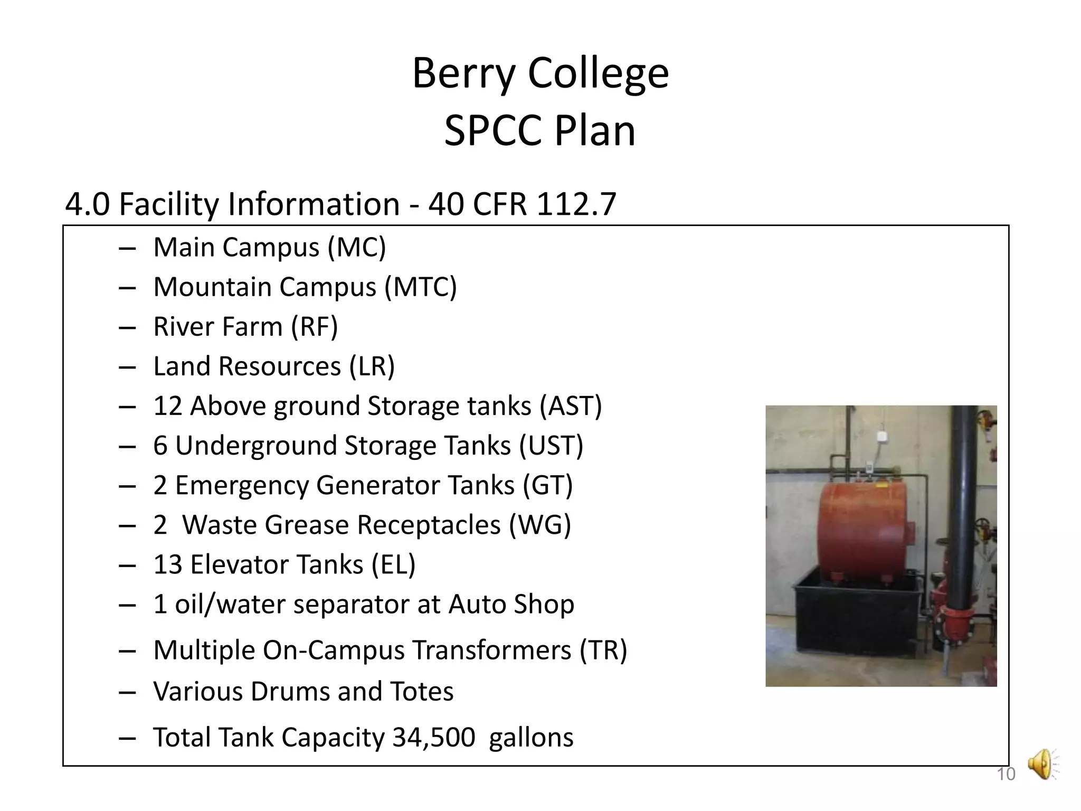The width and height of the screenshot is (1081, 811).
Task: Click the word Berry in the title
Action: pos(463,74)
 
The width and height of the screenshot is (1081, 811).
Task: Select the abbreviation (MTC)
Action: pos(421,287)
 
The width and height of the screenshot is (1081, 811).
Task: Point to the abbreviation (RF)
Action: pos(315,327)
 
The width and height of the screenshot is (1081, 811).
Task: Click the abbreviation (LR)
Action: pos(372,366)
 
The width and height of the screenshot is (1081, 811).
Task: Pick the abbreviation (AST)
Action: pos(571,406)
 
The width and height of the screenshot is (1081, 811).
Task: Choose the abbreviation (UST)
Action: pos(551,446)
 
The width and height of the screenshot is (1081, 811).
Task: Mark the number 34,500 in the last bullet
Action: pos(433,737)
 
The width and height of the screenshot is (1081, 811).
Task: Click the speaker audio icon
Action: pos(1042,764)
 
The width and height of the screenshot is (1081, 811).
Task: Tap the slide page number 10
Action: pos(1006,774)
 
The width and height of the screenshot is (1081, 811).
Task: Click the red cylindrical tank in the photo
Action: pos(863,528)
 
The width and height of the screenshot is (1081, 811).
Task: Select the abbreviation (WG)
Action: pos(540,525)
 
